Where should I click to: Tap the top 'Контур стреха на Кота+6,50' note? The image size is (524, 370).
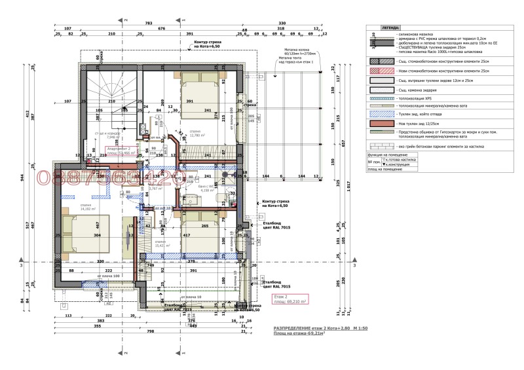coord(209,45)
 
